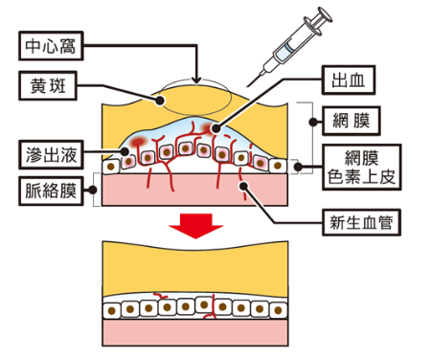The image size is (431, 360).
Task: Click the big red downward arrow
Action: click(x=197, y=231)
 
